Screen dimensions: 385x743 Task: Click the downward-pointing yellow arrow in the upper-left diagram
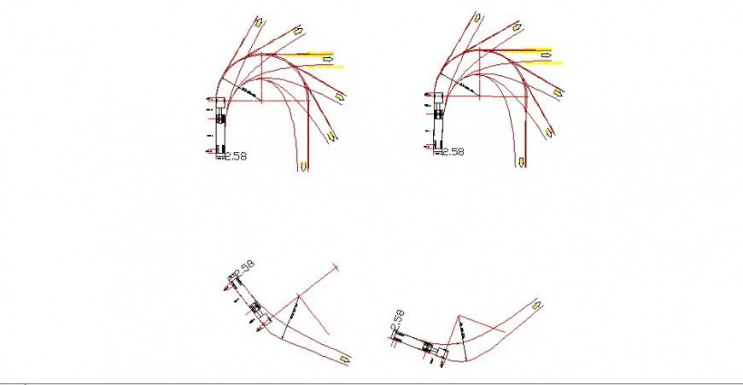(303, 165)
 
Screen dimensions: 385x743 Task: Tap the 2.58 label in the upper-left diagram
(235, 156)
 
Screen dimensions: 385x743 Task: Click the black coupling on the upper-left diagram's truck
(221, 118)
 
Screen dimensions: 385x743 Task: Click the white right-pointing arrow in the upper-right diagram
(545, 55)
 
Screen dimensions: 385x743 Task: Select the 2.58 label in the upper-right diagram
(452, 152)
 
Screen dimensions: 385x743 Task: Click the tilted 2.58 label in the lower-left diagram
(244, 270)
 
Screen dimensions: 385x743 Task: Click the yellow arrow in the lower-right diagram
(535, 304)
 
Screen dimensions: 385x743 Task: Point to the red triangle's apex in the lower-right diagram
(459, 318)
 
